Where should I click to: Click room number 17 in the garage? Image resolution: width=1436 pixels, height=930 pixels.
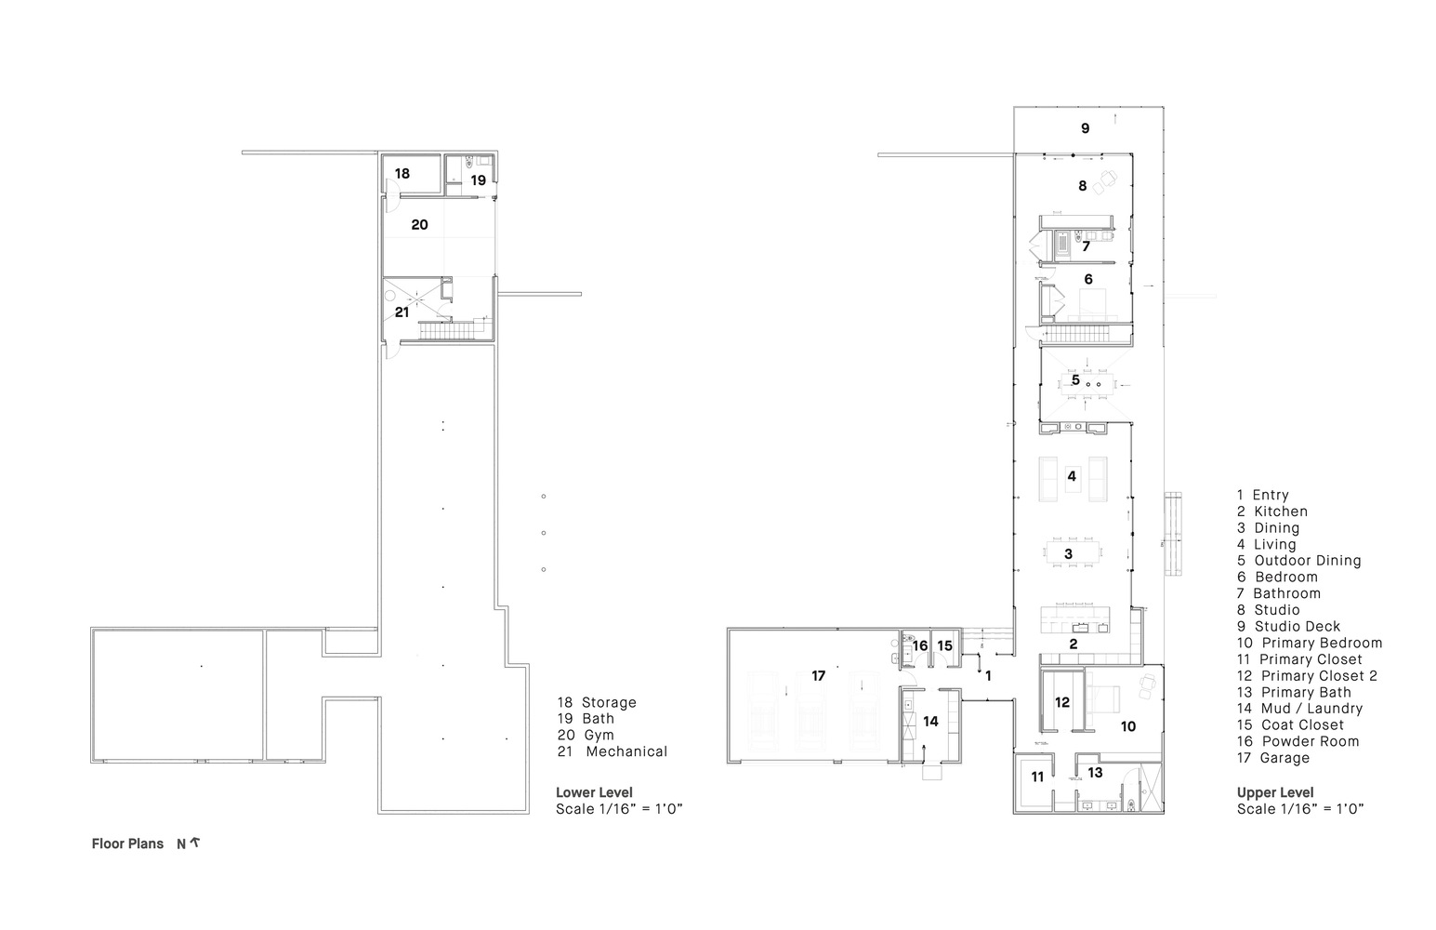click(818, 676)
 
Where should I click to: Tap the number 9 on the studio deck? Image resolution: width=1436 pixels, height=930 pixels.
click(1085, 128)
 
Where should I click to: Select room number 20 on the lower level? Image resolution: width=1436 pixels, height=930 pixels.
click(419, 225)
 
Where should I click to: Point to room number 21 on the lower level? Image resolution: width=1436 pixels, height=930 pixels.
click(402, 312)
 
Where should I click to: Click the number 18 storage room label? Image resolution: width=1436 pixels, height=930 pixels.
click(402, 174)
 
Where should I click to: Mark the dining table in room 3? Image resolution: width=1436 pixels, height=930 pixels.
click(1069, 554)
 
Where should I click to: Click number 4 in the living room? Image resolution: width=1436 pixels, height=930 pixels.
click(1072, 476)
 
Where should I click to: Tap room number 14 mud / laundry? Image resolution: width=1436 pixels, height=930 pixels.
click(930, 721)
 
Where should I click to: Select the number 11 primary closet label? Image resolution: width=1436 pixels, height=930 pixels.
click(1037, 776)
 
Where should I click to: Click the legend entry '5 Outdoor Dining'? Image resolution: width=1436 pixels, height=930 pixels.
click(1298, 561)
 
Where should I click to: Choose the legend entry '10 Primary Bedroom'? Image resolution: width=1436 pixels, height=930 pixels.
click(1309, 643)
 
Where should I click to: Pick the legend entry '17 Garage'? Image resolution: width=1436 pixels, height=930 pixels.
click(1272, 758)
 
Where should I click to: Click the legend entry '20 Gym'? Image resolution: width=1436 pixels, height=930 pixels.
click(586, 735)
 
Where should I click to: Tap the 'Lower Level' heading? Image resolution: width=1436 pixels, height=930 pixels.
click(594, 792)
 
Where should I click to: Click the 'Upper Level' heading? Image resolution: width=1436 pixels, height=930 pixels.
click(1275, 792)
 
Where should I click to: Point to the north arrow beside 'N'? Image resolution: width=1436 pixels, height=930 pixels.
click(195, 844)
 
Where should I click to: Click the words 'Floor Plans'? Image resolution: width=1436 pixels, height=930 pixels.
click(127, 844)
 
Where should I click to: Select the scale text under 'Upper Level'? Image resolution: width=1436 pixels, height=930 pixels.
click(1300, 809)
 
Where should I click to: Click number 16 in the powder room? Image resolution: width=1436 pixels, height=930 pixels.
click(919, 645)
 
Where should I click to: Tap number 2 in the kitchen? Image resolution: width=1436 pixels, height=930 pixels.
click(1073, 644)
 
